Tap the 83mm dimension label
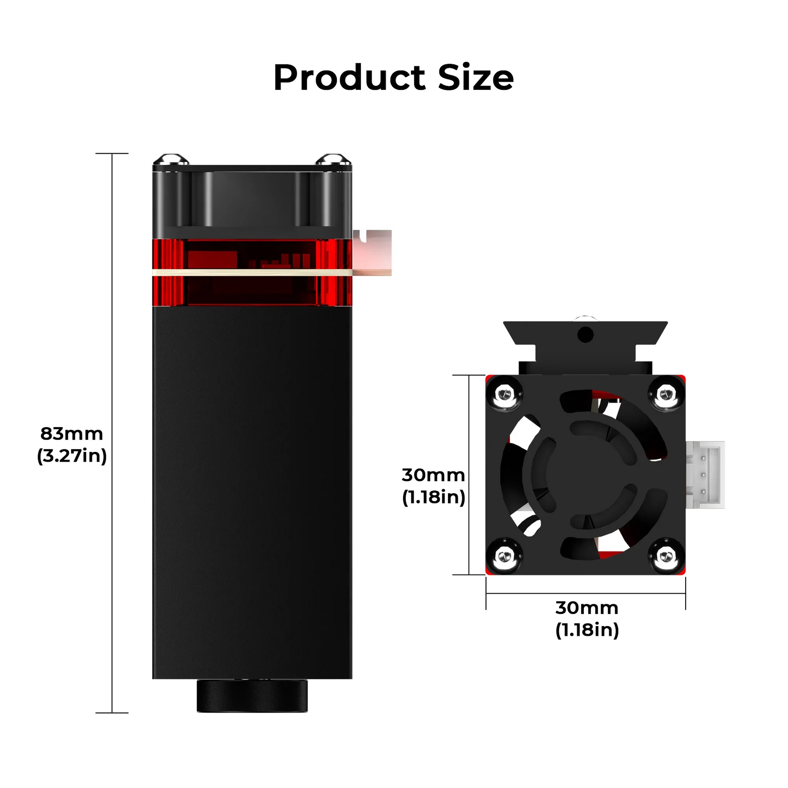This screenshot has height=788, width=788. [71, 434]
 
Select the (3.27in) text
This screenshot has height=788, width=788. [72, 456]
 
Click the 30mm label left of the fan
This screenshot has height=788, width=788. [433, 475]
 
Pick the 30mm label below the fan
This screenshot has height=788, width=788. [586, 608]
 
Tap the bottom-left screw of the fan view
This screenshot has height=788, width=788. [505, 556]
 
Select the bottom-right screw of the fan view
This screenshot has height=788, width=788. [666, 556]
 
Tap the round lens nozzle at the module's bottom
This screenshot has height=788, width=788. [252, 696]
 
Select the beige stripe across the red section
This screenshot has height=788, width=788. [252, 272]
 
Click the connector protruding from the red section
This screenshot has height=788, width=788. [373, 252]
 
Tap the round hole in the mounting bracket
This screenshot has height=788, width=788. [585, 335]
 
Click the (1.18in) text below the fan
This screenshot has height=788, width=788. [586, 630]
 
